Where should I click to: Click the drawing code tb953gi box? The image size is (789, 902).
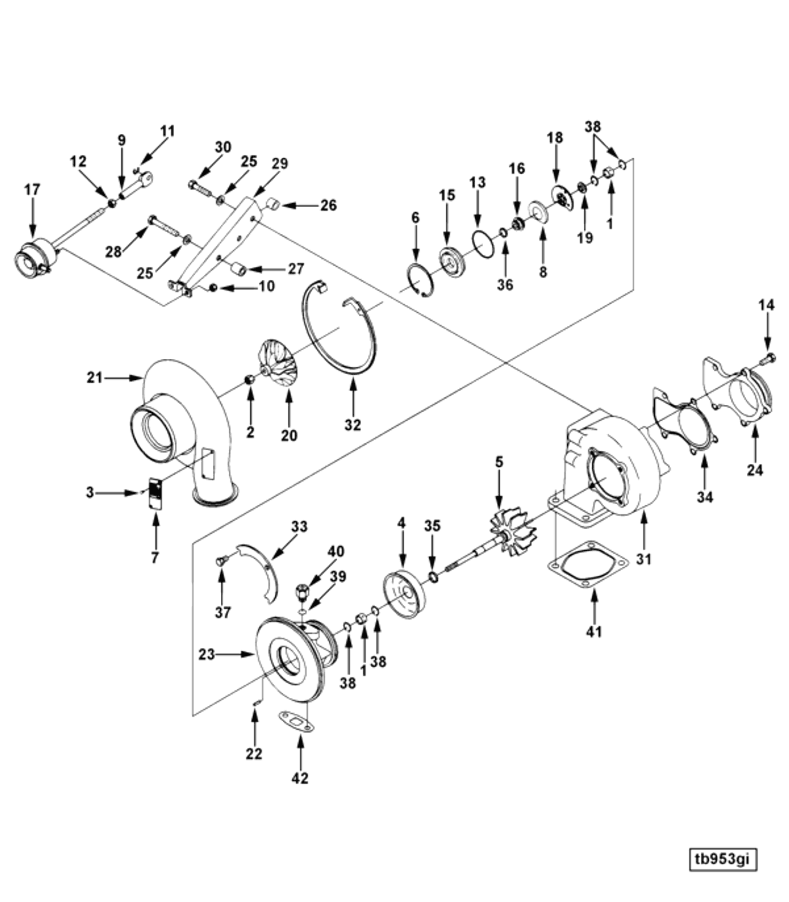(x=722, y=860)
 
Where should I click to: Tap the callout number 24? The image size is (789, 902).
(x=755, y=470)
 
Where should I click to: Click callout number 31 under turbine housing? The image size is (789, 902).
(x=643, y=559)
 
